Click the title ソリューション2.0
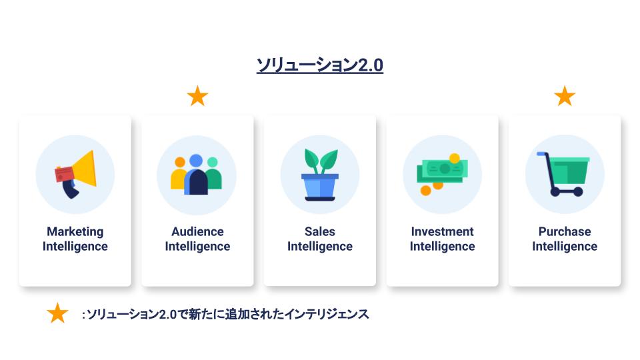tap(319, 65)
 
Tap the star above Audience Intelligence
tap(197, 96)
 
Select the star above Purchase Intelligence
tap(565, 96)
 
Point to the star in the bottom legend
tap(57, 313)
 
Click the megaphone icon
tap(75, 175)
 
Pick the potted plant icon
tap(320, 175)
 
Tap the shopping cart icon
tap(564, 174)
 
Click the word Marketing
tap(75, 231)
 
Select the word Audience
tap(197, 231)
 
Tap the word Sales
tap(320, 231)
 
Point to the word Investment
tap(443, 231)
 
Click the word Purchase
tap(565, 231)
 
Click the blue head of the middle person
tap(196, 161)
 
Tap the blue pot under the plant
tap(320, 187)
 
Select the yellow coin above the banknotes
tap(454, 158)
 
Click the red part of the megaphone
tap(65, 175)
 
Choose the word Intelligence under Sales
tap(320, 247)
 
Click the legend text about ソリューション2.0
tap(225, 314)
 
